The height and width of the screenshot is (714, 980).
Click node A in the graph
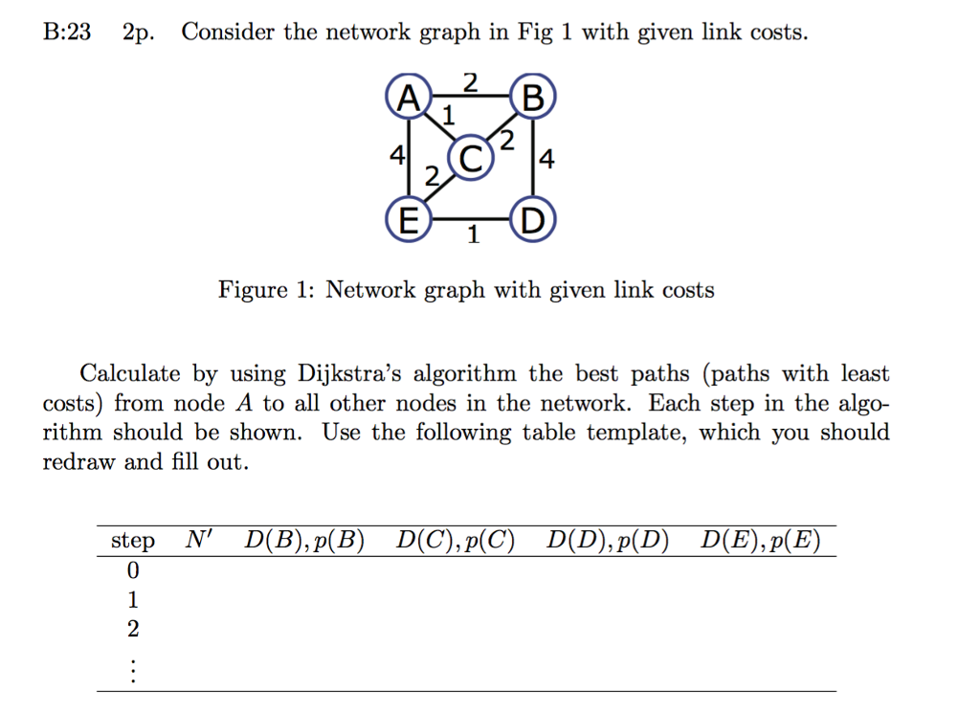click(409, 97)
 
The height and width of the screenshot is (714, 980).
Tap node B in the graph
click(532, 97)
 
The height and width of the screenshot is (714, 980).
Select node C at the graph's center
click(471, 158)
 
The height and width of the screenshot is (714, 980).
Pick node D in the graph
click(532, 219)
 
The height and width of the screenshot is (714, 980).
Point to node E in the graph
click(409, 219)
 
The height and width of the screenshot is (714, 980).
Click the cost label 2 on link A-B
click(470, 82)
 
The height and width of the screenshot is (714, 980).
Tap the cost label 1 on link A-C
click(448, 116)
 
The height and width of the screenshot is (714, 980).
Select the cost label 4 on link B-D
click(546, 159)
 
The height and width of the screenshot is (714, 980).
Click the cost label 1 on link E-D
click(473, 234)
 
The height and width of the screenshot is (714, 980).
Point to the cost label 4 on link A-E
click(397, 154)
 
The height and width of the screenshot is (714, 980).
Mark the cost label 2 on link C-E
click(432, 176)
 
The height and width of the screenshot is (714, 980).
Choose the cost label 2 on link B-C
click(507, 140)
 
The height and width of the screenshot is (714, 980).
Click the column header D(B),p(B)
click(304, 540)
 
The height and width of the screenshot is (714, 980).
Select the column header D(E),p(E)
click(760, 540)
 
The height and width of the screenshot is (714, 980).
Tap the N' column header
click(199, 538)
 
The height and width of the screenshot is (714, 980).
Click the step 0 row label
click(132, 569)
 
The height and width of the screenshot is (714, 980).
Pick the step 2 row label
click(132, 629)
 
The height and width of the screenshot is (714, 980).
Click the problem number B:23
click(67, 32)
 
